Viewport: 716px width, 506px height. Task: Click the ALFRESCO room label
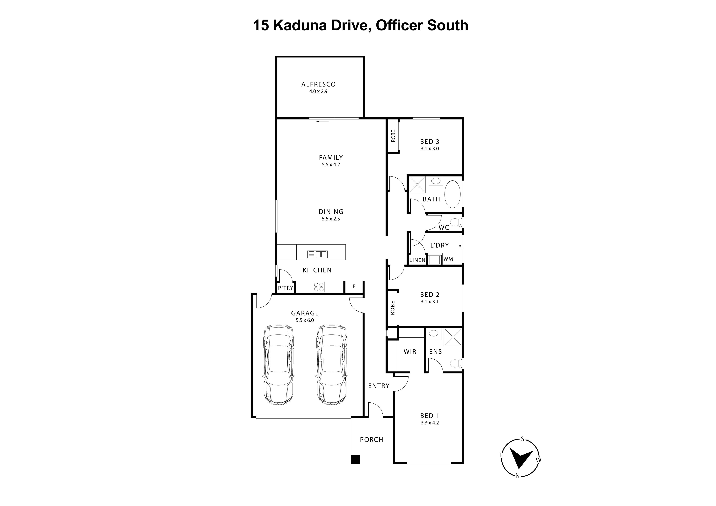(318, 84)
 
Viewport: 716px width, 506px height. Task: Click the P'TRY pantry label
(286, 288)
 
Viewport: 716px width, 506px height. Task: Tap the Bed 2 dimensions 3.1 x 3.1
(429, 302)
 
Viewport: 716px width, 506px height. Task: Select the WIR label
(410, 351)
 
